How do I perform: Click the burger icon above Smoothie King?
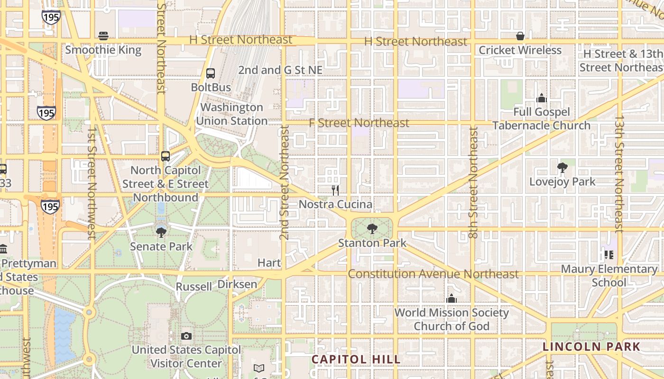click(x=103, y=36)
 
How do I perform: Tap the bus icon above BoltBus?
click(x=211, y=73)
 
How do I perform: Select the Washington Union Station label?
click(x=232, y=114)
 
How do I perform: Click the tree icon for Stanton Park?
click(x=372, y=229)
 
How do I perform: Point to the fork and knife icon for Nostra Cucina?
click(x=335, y=190)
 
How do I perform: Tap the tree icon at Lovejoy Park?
click(x=563, y=168)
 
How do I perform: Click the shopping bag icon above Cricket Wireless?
click(x=520, y=36)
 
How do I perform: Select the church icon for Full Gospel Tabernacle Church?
click(x=541, y=98)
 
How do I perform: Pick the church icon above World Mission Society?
click(x=452, y=299)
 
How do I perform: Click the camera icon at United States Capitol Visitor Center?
click(x=186, y=336)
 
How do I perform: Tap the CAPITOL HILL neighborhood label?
click(x=356, y=360)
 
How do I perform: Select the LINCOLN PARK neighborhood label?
click(x=591, y=347)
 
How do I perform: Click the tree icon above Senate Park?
click(x=161, y=232)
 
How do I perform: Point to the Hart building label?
click(x=269, y=262)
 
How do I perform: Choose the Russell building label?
click(x=194, y=287)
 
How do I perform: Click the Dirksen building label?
click(x=237, y=284)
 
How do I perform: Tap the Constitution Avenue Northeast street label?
click(x=433, y=274)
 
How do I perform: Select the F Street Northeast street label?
click(x=359, y=123)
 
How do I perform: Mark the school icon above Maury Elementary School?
click(x=609, y=255)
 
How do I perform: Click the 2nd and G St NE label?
click(x=280, y=70)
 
